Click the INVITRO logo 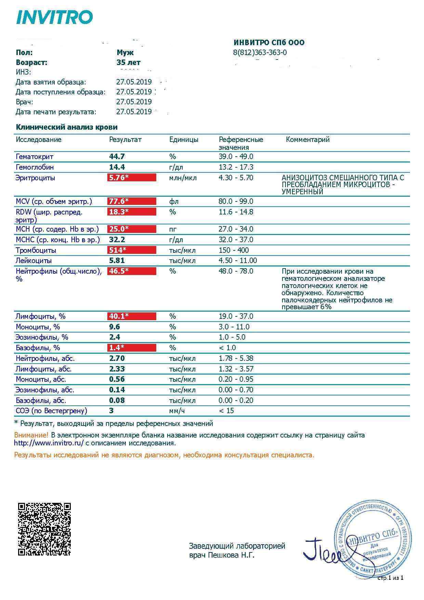pyautogui.click(x=54, y=17)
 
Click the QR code pyautogui.click(x=44, y=529)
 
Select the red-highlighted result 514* pyautogui.click(x=132, y=250)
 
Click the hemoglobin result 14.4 pyautogui.click(x=117, y=167)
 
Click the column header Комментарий pyautogui.click(x=307, y=140)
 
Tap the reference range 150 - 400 pyautogui.click(x=234, y=250)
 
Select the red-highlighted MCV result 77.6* pyautogui.click(x=132, y=201)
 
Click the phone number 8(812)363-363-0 pyautogui.click(x=260, y=53)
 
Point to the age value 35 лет pyautogui.click(x=128, y=63)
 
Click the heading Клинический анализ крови pyautogui.click(x=67, y=127)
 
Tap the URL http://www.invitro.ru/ pyautogui.click(x=49, y=443)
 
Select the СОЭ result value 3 pyautogui.click(x=111, y=410)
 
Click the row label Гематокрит pyautogui.click(x=35, y=157)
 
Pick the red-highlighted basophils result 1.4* pyautogui.click(x=132, y=348)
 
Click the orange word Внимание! pyautogui.click(x=31, y=435)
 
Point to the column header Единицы pyautogui.click(x=184, y=140)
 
